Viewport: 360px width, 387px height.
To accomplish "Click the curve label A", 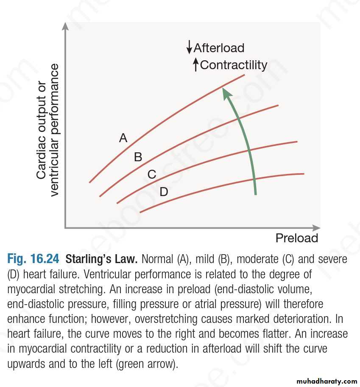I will click(x=123, y=138).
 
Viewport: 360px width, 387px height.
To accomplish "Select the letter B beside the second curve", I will click(x=138, y=157).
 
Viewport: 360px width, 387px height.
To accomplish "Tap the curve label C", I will click(x=152, y=174).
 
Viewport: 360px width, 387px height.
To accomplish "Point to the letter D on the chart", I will click(x=164, y=192).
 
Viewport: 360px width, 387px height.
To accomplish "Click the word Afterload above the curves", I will click(x=219, y=48).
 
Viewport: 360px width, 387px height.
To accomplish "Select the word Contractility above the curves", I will click(x=234, y=65).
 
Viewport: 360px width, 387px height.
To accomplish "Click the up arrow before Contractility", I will click(x=195, y=65).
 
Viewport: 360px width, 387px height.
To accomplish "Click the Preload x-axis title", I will click(x=297, y=238).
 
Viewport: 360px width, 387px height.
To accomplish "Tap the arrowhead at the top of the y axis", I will click(x=65, y=26).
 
